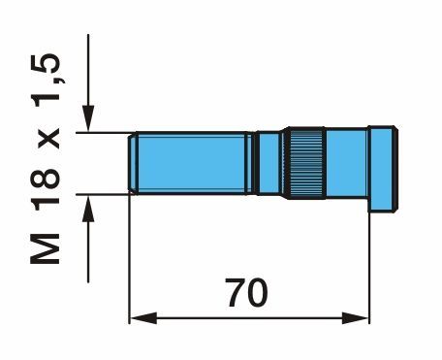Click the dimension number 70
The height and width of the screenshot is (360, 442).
(x=246, y=293)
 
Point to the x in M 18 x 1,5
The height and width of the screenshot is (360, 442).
(x=48, y=138)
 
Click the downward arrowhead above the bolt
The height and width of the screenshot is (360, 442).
(x=88, y=118)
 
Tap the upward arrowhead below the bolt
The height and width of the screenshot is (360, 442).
(x=88, y=208)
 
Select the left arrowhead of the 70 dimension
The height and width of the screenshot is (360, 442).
(x=143, y=318)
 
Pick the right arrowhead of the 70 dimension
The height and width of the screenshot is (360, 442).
(x=355, y=318)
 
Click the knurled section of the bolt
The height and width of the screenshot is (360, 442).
(x=306, y=163)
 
